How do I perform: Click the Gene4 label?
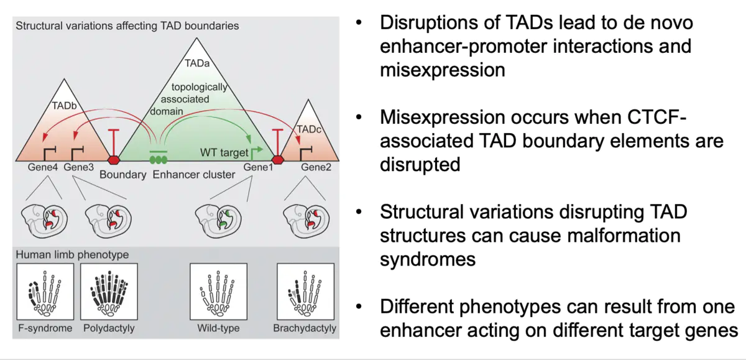43,167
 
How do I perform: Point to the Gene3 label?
78,167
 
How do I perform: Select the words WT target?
223,152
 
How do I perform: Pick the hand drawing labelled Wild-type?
218,291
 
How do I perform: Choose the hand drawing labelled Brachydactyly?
305,291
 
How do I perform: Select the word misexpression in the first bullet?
443,70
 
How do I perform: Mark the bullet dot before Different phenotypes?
359,307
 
